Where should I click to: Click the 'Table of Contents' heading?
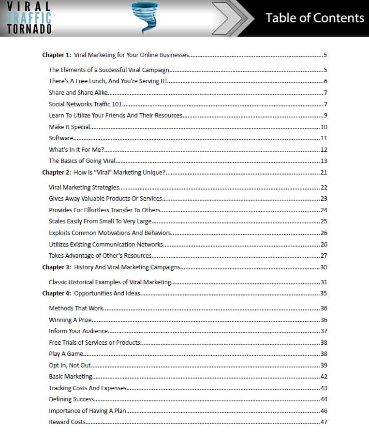point(314,18)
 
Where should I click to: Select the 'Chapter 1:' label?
point(57,55)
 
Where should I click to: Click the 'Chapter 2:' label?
point(57,173)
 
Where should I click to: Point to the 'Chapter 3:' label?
point(57,267)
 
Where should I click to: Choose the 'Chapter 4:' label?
point(57,293)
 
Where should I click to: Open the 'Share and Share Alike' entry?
point(78,93)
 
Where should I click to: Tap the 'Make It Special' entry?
point(70,127)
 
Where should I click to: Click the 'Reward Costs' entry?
point(67,422)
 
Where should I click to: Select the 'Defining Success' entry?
point(72,399)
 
